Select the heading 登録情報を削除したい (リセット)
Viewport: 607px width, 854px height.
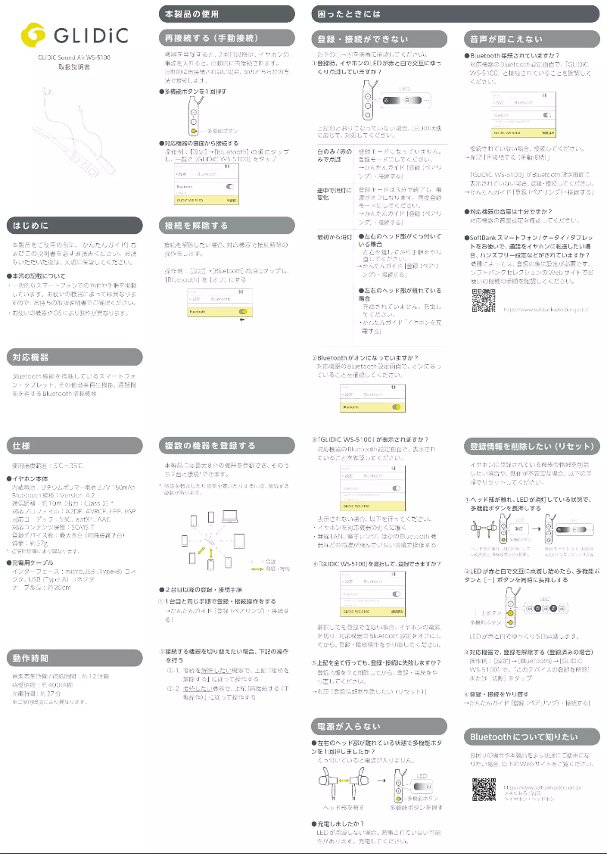click(x=528, y=445)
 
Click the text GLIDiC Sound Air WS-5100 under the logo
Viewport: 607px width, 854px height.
click(x=74, y=58)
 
